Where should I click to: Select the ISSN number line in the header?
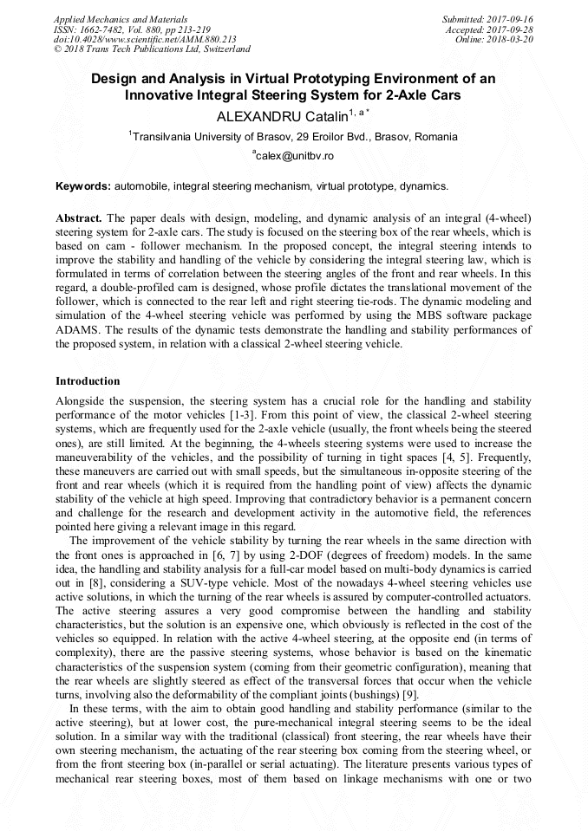[131, 29]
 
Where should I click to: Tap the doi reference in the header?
[145, 40]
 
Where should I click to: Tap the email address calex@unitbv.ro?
[294, 156]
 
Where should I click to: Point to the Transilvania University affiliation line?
[294, 136]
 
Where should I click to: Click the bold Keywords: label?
[83, 186]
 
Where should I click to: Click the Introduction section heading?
[88, 381]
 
